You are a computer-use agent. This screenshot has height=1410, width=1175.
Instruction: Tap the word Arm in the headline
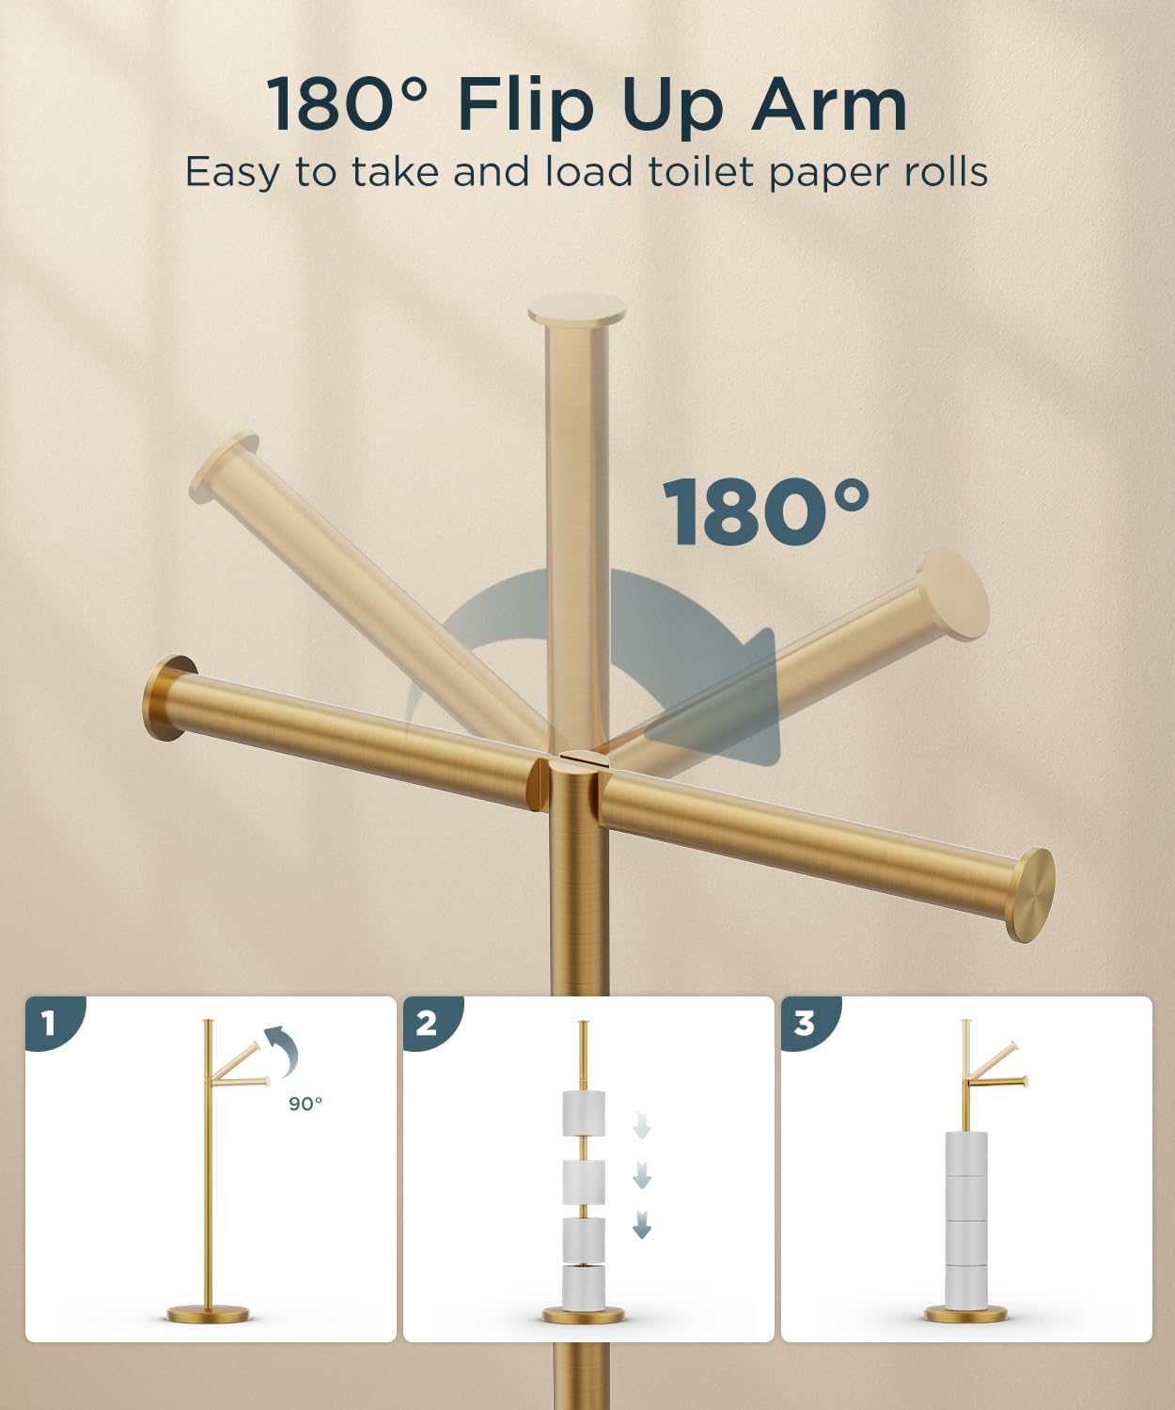(828, 104)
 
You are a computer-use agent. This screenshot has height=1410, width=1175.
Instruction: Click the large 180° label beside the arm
(766, 512)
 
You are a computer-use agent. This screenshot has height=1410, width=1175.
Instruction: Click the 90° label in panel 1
(305, 1104)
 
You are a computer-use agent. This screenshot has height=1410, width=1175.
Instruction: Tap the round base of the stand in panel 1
(209, 1313)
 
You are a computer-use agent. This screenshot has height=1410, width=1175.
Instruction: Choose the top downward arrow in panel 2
(642, 1124)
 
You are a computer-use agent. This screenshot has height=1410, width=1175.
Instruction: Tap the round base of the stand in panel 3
(965, 1313)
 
